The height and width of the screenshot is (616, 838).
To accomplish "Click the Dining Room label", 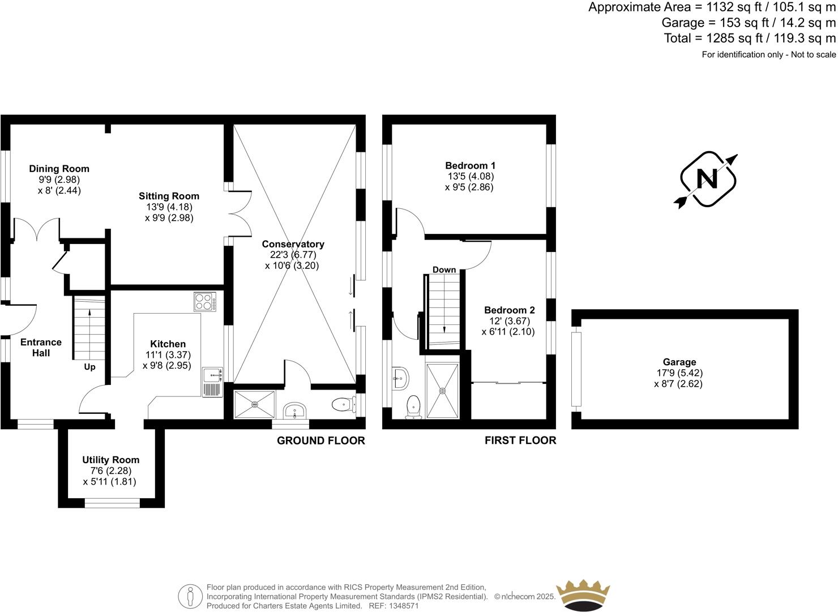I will coord(59,169).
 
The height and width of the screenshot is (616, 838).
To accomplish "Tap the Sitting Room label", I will coord(169,196).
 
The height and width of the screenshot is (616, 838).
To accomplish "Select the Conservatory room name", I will coord(293,244).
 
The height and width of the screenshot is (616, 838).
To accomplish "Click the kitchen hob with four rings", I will coord(205,302).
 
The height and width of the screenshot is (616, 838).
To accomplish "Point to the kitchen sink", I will coord(213,374).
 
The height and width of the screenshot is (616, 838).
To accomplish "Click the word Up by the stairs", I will coord(89,367).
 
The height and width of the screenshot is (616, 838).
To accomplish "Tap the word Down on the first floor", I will coord(444,269).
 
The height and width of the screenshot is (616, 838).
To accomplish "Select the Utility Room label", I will coord(110,460).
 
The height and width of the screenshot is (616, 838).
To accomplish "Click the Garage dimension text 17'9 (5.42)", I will coord(679,373).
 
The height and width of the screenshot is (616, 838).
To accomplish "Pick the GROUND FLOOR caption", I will coord(320,440).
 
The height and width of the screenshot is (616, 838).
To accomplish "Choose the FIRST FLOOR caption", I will coord(520,440).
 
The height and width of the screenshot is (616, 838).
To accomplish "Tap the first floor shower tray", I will coord(443,390).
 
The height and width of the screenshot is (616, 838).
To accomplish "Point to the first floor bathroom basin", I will coord(400,378).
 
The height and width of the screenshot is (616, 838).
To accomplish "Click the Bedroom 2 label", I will coord(509,310).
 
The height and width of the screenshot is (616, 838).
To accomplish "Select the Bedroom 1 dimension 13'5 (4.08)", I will coord(470,176).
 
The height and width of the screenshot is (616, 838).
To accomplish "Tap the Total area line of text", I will coord(750,38).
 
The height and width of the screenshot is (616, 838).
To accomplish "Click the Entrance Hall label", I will coord(41,347).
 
